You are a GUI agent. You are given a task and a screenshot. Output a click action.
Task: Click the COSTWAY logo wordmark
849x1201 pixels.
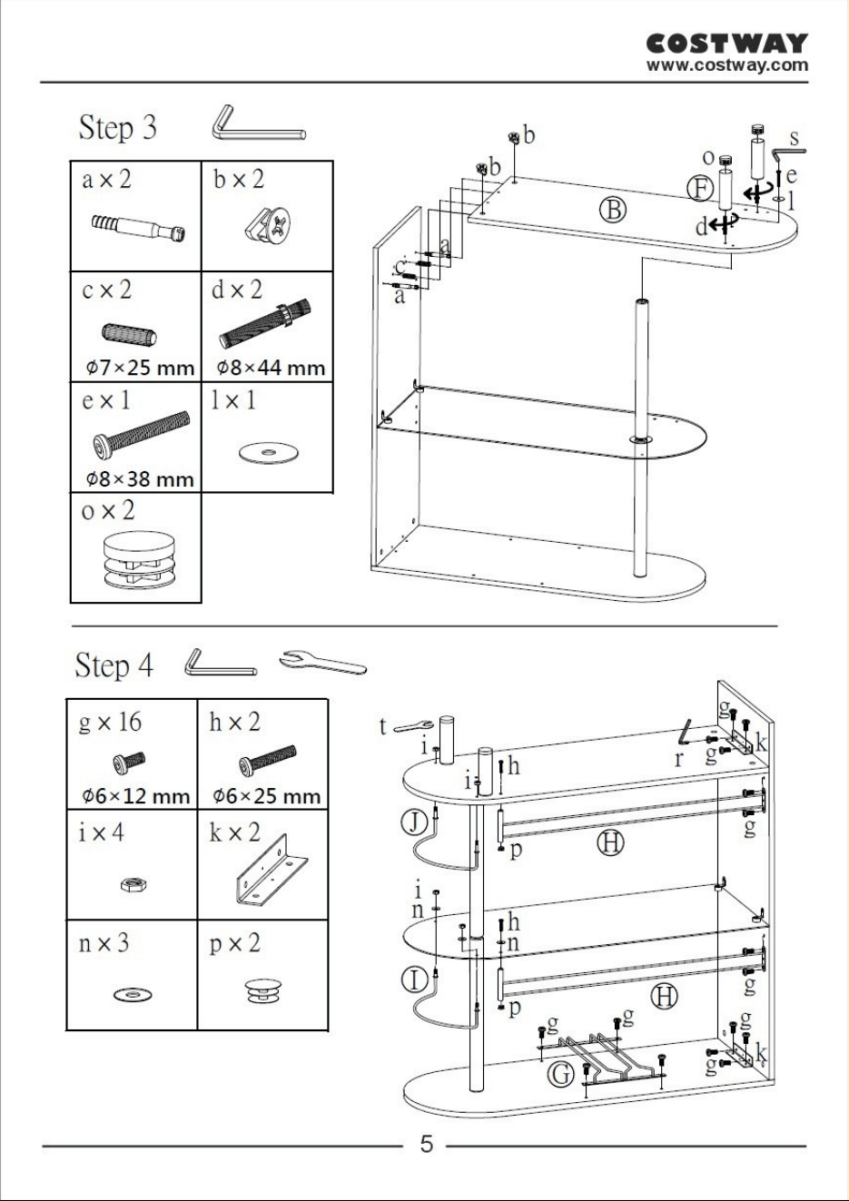tap(726, 44)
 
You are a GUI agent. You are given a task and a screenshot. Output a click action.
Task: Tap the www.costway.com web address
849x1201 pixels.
tap(726, 65)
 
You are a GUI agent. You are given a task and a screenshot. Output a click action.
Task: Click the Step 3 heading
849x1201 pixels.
tap(117, 128)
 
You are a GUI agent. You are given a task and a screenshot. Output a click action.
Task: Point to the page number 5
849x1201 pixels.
tap(427, 1144)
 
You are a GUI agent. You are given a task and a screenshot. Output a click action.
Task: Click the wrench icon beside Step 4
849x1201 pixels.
tap(323, 662)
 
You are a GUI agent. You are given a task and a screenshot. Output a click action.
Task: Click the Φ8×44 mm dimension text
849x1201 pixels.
tap(271, 368)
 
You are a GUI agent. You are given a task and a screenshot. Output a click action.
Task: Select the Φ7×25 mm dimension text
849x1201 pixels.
tap(140, 368)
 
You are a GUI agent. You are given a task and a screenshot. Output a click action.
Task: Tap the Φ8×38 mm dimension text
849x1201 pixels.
tap(140, 478)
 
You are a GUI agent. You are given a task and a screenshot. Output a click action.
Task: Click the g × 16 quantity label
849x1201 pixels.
tap(110, 723)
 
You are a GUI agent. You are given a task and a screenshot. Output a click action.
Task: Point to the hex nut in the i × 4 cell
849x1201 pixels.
tap(134, 884)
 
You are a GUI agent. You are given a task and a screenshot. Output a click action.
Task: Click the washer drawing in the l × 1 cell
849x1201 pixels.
tap(269, 451)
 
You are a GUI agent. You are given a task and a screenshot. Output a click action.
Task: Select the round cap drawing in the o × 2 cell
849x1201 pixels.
tap(136, 560)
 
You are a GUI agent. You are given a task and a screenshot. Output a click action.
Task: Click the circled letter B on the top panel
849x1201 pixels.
tap(613, 211)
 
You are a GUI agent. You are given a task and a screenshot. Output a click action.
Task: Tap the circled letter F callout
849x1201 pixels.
tap(700, 189)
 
